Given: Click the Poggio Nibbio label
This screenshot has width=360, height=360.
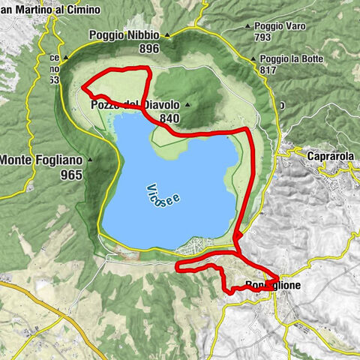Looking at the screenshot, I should click(x=126, y=34).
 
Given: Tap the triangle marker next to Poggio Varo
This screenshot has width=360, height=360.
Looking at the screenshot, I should click(x=247, y=25).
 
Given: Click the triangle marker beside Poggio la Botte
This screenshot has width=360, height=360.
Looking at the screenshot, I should click(x=253, y=58).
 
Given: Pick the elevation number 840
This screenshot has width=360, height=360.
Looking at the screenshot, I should click(x=169, y=118).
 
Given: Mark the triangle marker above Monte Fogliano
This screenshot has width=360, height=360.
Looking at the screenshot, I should click(x=91, y=159).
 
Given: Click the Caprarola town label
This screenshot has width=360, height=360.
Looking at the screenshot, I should click(x=331, y=157).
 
